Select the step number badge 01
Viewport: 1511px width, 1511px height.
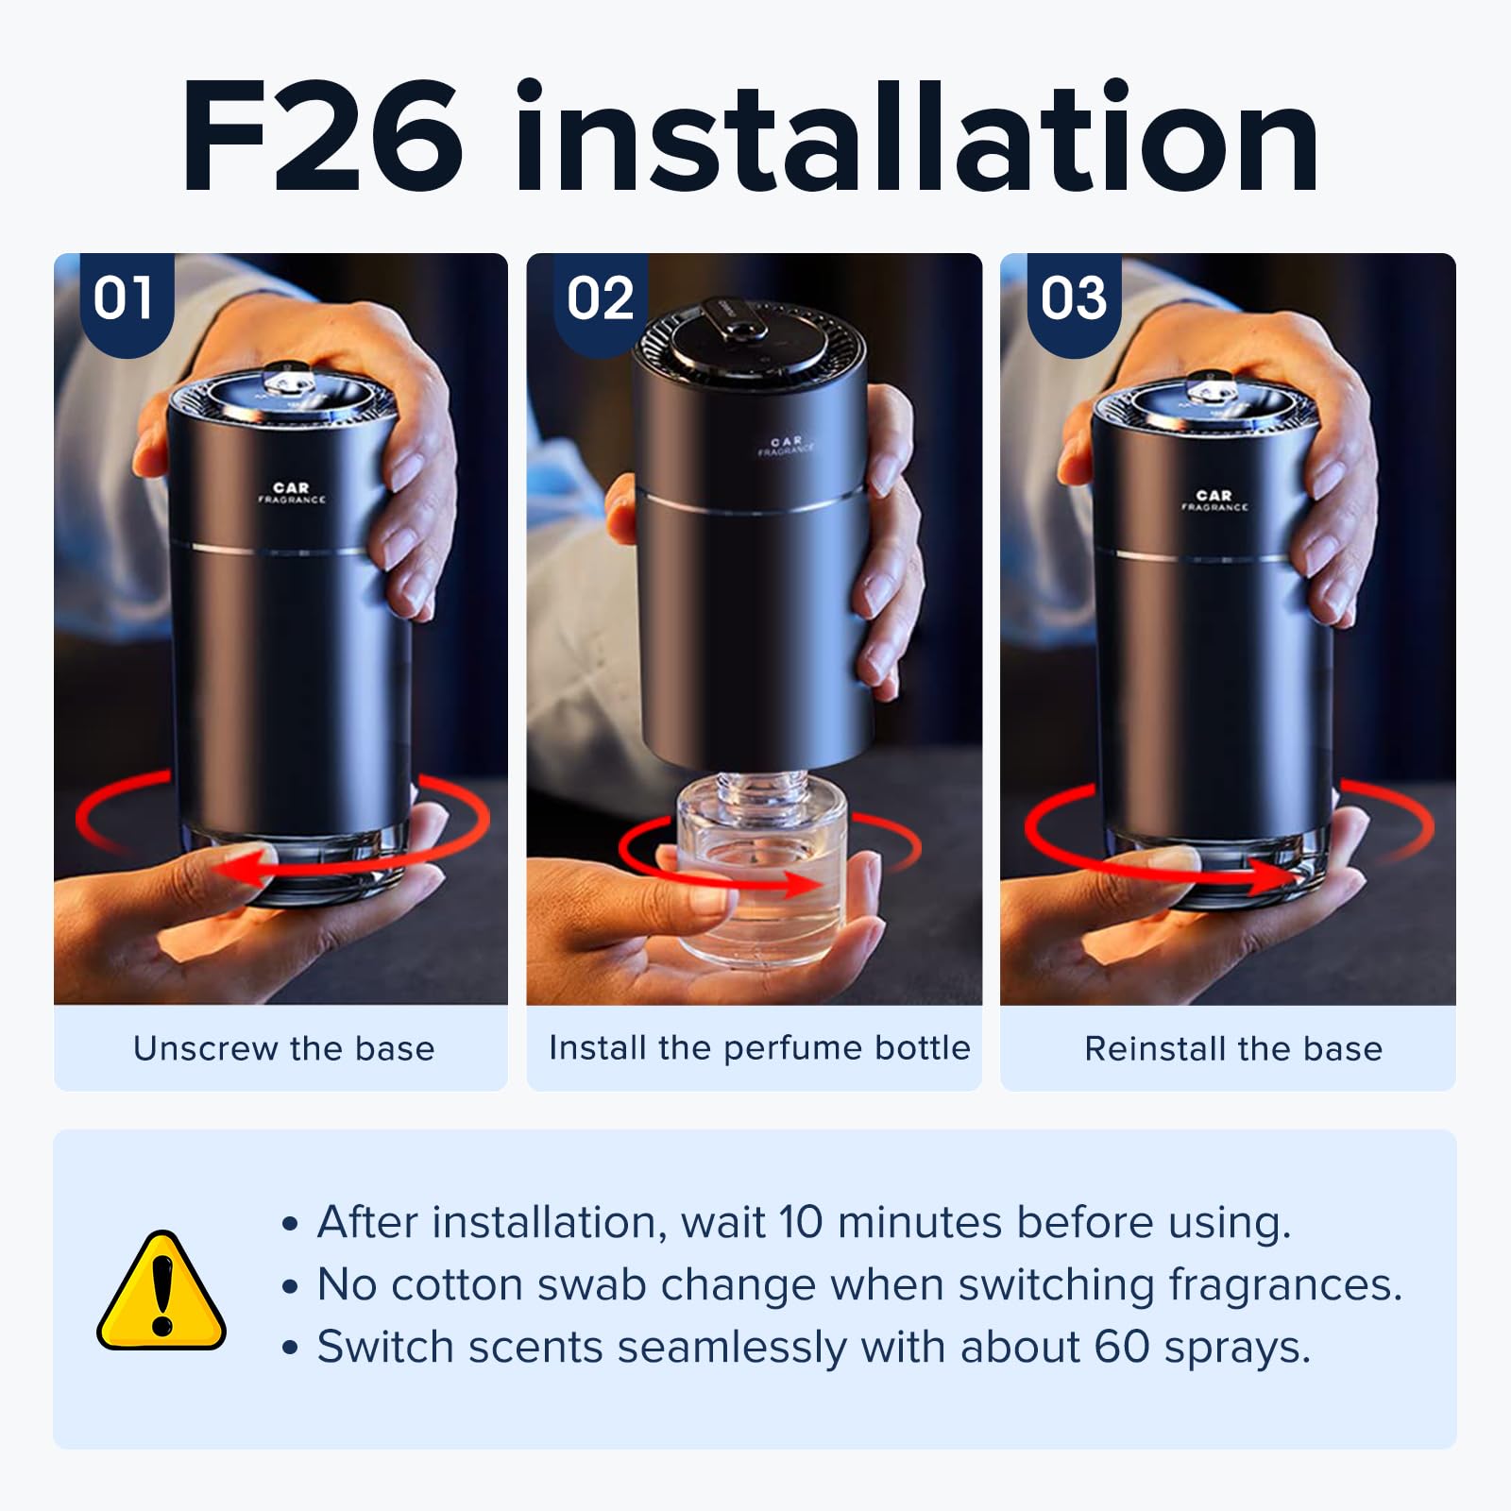click(x=124, y=299)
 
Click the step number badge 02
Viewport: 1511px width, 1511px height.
click(x=600, y=299)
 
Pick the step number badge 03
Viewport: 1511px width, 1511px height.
click(x=1074, y=299)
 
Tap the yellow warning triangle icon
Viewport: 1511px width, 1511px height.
click(x=161, y=1292)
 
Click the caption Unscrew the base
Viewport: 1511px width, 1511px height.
click(x=283, y=1048)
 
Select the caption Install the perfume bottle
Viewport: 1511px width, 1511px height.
click(x=759, y=1047)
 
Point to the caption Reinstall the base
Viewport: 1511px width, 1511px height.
click(x=1232, y=1048)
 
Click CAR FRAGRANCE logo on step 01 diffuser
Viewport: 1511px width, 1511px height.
click(x=291, y=493)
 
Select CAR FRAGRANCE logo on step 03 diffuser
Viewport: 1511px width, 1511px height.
click(x=1214, y=501)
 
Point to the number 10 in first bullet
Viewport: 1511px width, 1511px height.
click(x=801, y=1222)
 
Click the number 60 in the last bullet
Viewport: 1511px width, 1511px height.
click(x=1121, y=1347)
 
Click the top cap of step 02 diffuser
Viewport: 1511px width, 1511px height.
click(x=746, y=340)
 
